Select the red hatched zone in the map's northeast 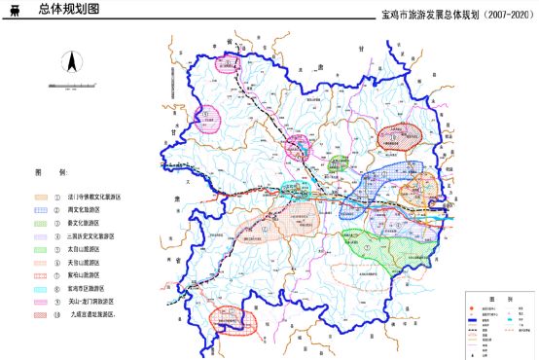point(400,134)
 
